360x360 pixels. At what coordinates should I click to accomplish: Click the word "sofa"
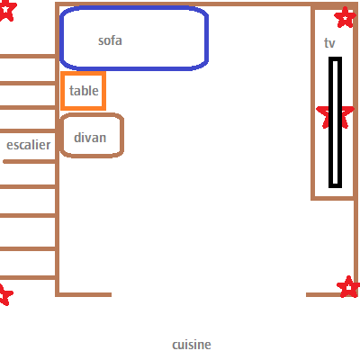point(110,40)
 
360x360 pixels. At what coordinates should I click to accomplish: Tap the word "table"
point(84,91)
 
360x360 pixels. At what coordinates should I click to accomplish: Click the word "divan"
point(90,138)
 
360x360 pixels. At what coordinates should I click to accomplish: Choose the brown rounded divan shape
point(92,115)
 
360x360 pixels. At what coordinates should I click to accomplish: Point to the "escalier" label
point(29,145)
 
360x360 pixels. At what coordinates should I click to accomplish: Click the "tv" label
point(329,43)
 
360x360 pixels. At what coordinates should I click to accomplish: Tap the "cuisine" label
point(192,345)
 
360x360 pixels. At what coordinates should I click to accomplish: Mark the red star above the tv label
point(346,17)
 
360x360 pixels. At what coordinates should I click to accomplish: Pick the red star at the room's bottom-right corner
point(348,287)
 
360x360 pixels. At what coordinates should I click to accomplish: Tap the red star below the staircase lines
point(5,294)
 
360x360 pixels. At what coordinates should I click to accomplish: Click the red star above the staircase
point(6,10)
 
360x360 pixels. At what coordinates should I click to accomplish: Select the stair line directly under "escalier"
point(30,162)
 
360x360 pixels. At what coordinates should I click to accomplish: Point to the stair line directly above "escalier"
point(28,130)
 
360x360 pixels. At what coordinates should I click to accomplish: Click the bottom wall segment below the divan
point(84,295)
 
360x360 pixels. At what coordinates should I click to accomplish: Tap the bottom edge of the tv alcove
point(333,198)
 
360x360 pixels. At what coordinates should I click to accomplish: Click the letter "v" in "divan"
point(90,139)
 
